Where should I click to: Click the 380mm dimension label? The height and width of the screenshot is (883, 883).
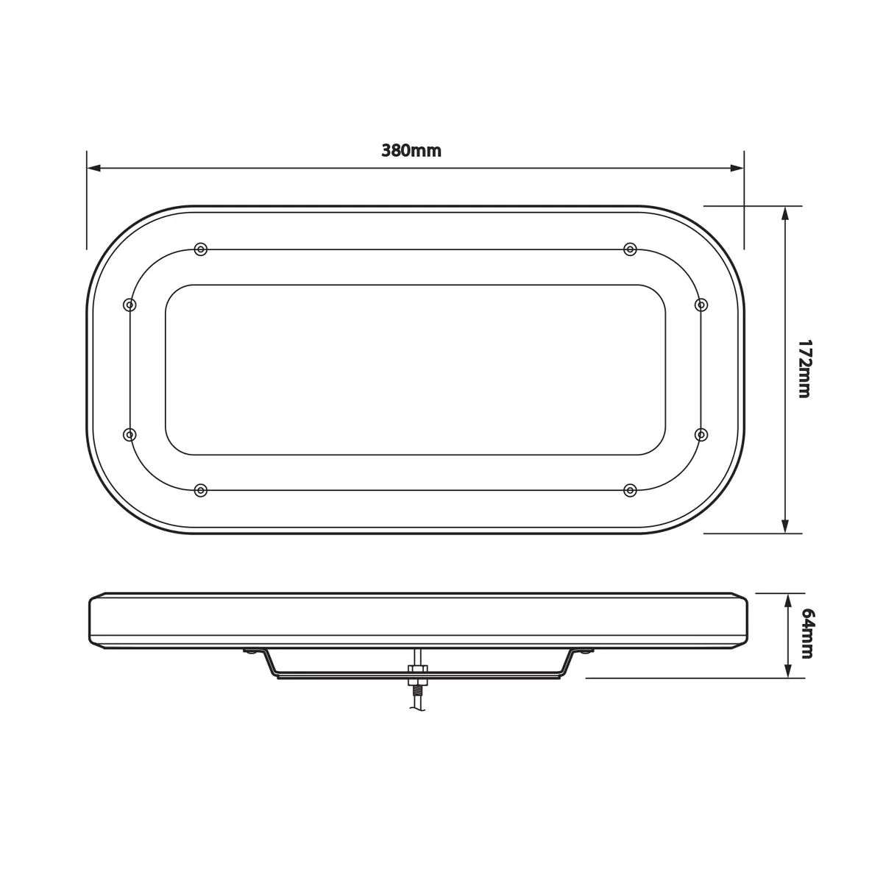point(411,151)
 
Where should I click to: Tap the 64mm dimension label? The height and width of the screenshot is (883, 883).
point(807,634)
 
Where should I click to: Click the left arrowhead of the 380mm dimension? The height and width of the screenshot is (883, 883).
point(93,169)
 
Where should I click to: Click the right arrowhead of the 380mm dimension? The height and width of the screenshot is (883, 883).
point(737,169)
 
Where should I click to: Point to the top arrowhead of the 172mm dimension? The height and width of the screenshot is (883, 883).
point(785,213)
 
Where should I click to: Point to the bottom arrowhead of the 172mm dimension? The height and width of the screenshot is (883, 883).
point(785,526)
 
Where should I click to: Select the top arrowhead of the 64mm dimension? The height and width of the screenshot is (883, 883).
point(788,600)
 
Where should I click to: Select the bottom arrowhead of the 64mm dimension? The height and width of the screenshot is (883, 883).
point(788,671)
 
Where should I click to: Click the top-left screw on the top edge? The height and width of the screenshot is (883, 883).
point(201,249)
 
